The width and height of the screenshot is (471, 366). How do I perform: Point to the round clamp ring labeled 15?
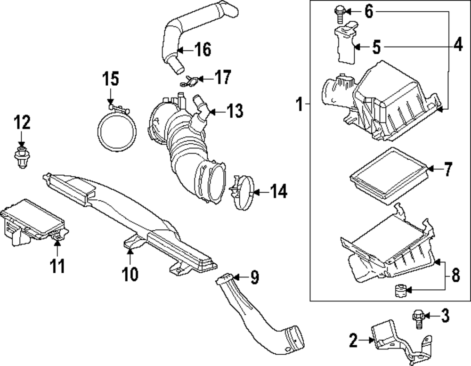(117, 131)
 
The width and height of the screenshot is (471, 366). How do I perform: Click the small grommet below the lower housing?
(400, 290)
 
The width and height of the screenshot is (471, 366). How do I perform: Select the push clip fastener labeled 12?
(21, 156)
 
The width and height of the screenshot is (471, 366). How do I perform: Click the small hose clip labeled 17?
(190, 81)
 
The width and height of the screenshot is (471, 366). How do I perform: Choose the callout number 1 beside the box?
(299, 104)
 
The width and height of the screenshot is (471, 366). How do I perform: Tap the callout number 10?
(130, 273)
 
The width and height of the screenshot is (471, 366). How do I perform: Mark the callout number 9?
(254, 278)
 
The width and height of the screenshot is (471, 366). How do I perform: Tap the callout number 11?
(57, 266)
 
